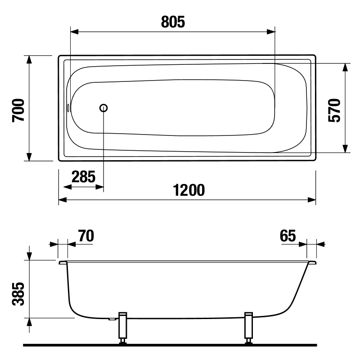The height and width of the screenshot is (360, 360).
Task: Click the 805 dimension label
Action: click(x=173, y=22)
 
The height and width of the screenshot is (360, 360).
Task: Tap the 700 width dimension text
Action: click(x=18, y=110)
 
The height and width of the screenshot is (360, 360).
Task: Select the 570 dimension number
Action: click(x=334, y=110)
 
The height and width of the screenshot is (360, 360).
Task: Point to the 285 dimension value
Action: click(x=83, y=177)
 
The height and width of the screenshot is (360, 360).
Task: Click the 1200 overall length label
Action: click(x=189, y=190)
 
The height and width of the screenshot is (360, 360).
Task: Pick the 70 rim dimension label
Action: click(x=86, y=236)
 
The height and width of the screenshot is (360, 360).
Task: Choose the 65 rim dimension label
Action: click(x=288, y=236)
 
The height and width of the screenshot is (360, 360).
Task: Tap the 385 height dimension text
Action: click(x=18, y=294)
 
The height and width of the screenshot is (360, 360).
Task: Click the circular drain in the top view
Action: click(x=103, y=108)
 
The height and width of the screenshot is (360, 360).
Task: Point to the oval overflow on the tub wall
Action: click(x=68, y=108)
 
